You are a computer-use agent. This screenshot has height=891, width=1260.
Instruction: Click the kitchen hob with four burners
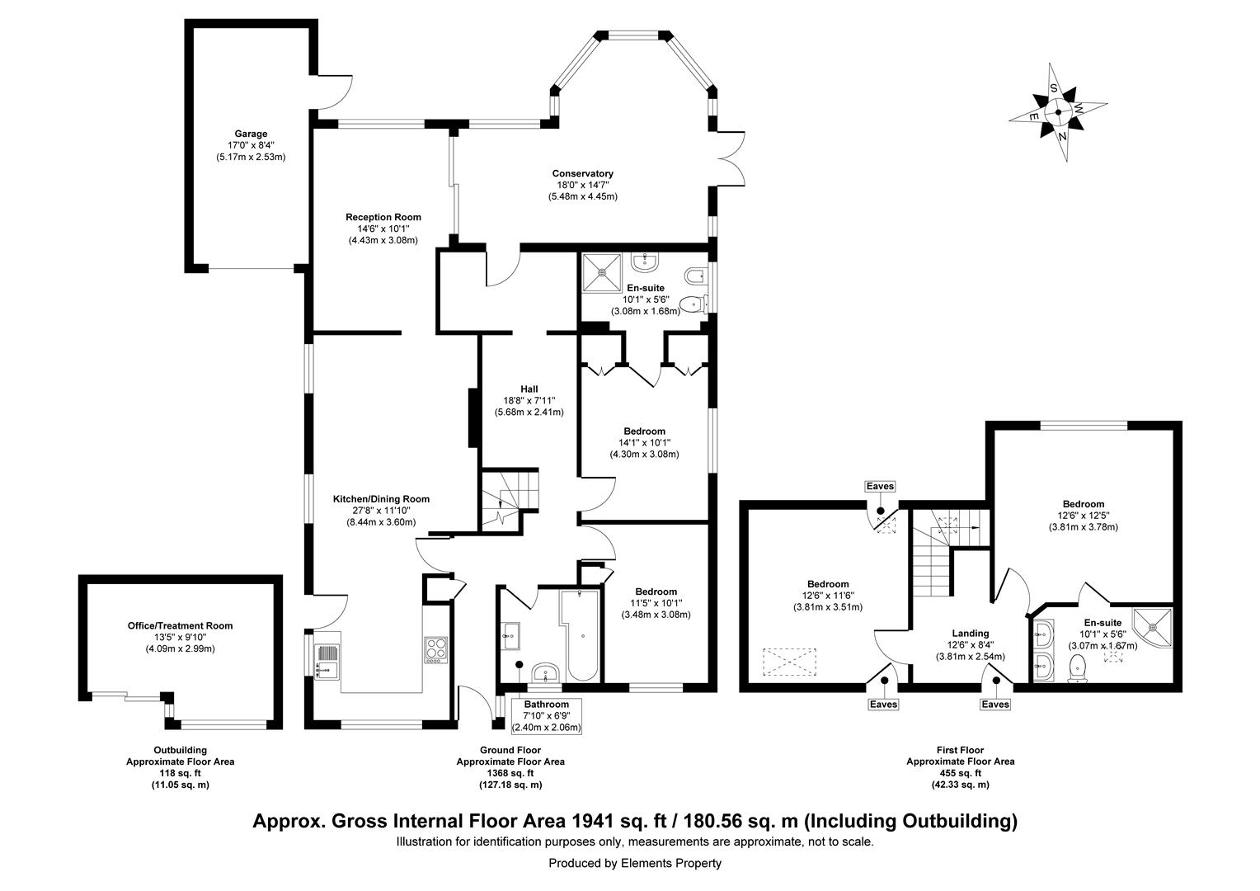point(435,649)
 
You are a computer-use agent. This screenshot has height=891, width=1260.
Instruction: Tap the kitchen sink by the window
point(327,661)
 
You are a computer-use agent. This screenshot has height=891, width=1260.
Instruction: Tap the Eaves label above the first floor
point(880,487)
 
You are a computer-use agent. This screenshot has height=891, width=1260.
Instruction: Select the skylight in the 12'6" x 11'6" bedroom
point(790,662)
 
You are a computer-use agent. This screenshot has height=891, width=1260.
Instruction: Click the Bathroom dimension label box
point(547,715)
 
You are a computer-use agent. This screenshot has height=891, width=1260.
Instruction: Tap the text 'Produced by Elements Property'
point(635,863)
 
